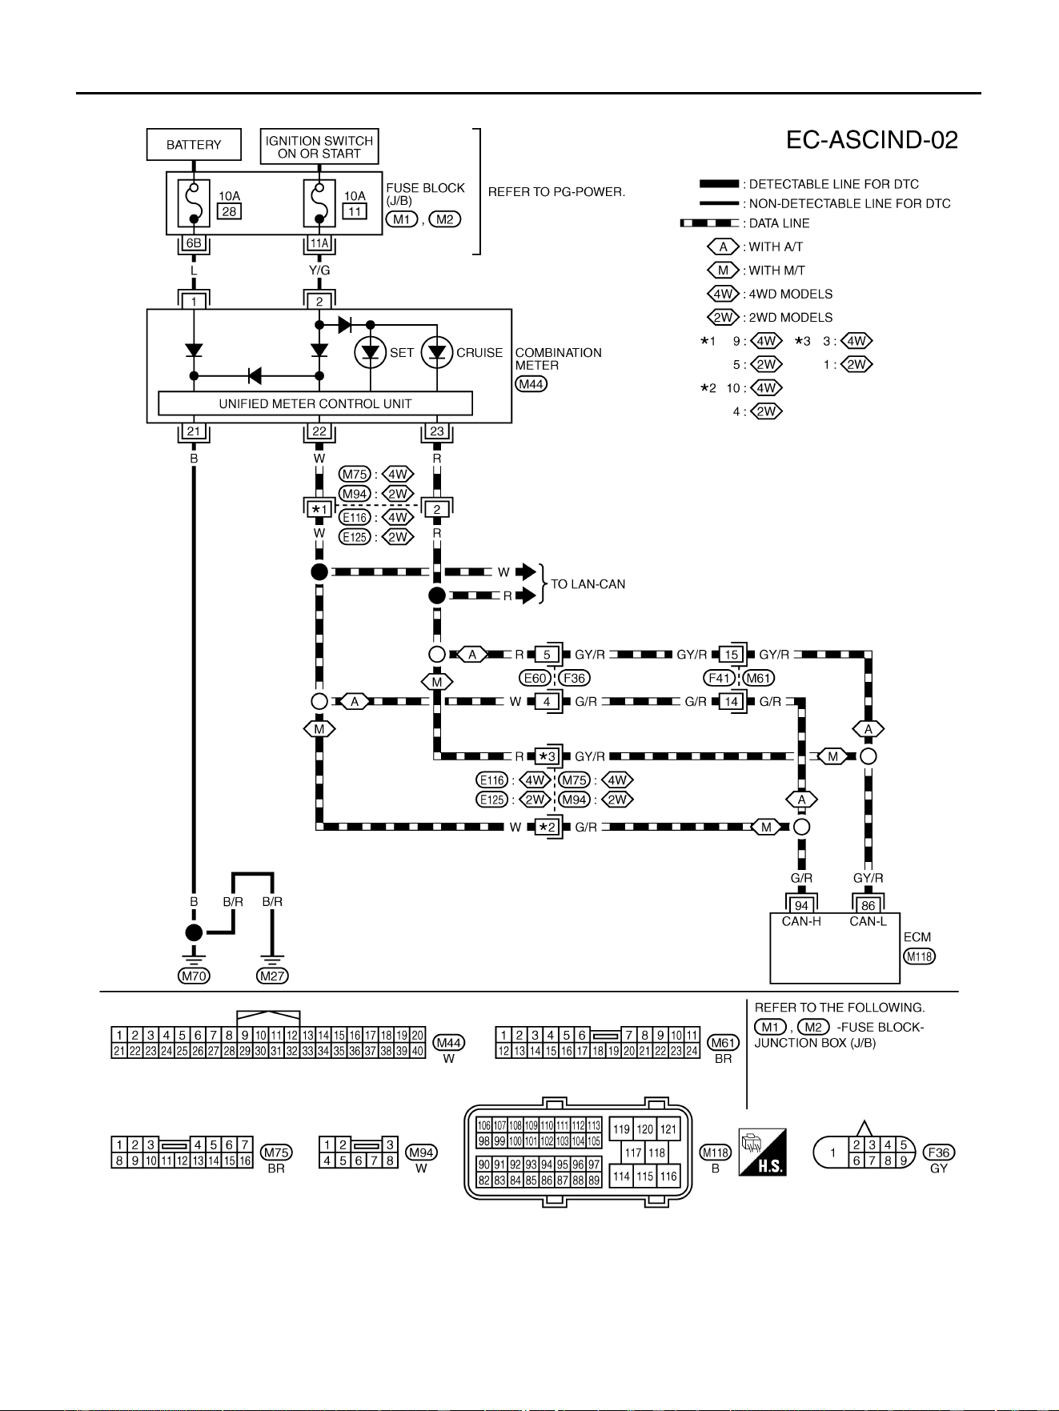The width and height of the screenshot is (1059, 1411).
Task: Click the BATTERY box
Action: [x=194, y=145]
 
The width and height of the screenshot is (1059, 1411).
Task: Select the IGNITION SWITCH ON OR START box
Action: [x=319, y=146]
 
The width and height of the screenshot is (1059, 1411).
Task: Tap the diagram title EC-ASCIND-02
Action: [x=872, y=140]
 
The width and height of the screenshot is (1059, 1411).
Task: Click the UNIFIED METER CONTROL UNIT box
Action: [x=315, y=403]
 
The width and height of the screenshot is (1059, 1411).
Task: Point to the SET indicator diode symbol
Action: [x=370, y=352]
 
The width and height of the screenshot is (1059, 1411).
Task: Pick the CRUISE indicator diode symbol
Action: [x=437, y=352]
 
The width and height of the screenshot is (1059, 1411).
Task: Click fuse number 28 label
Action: [x=230, y=211]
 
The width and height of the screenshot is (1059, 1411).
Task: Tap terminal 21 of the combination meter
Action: [x=194, y=431]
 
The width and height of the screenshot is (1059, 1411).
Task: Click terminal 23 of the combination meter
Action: [x=437, y=431]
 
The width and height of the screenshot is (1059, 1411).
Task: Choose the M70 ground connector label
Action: [x=194, y=976]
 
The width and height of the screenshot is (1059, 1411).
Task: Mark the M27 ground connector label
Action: [x=272, y=976]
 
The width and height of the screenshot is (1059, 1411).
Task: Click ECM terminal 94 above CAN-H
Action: [x=801, y=906]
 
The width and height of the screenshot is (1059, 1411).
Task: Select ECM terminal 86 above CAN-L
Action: [x=868, y=906]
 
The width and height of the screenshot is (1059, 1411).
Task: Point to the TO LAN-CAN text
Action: [x=588, y=584]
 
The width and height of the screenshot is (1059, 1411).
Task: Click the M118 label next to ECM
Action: [x=919, y=956]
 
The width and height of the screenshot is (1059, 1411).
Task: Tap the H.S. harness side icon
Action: [x=762, y=1152]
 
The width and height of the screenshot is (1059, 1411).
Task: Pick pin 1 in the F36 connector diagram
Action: [x=833, y=1152]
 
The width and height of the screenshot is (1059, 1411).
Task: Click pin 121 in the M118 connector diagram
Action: [x=668, y=1129]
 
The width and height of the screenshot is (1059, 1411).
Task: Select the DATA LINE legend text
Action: [x=779, y=223]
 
